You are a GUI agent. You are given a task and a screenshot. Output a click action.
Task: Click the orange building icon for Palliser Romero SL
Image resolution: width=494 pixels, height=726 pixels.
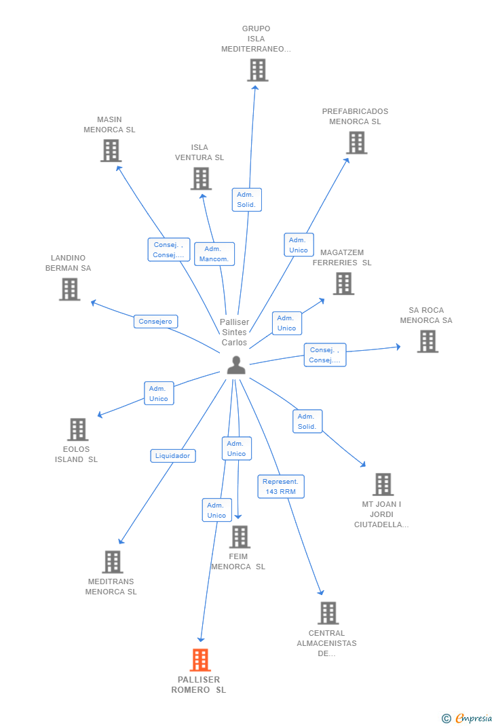200,660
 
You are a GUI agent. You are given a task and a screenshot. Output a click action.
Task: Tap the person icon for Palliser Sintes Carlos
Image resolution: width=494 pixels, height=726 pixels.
236,365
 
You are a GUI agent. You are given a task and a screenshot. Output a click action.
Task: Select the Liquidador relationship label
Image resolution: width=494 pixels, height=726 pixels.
173,456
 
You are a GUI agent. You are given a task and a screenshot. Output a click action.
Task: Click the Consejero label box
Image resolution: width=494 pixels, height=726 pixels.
156,322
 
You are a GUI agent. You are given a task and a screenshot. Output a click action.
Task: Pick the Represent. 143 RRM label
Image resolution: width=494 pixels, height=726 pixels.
281,486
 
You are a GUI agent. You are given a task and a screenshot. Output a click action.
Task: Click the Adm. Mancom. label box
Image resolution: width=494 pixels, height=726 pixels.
214,254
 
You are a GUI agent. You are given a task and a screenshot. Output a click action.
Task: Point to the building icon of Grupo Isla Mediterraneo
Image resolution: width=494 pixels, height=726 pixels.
257,70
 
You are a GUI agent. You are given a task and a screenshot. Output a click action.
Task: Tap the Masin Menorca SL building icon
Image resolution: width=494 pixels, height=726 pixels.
111,151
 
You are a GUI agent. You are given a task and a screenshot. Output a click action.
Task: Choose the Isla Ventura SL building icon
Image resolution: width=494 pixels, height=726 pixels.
201,178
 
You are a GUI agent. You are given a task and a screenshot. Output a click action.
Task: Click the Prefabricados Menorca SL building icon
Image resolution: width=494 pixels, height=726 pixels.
356,142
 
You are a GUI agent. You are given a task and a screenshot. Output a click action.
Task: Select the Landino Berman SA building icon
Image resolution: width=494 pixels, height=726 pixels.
69,289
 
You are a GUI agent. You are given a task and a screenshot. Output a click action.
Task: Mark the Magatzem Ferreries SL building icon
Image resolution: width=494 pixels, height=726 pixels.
343,284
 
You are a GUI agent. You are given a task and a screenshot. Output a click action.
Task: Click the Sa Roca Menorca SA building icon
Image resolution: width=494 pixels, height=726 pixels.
427,341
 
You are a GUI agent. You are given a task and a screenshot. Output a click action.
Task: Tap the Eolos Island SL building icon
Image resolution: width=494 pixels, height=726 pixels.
77,429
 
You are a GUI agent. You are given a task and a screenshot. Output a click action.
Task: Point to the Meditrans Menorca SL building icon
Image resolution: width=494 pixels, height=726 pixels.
113,562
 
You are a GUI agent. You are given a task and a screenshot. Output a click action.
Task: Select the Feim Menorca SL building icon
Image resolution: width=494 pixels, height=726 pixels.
240,537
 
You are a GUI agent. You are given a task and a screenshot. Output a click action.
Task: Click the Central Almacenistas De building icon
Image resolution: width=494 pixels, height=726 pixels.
328,613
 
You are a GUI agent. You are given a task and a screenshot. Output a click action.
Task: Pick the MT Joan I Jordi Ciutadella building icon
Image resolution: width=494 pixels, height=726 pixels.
383,484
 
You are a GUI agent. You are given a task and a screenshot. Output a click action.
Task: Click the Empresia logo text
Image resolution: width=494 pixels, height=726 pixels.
473,718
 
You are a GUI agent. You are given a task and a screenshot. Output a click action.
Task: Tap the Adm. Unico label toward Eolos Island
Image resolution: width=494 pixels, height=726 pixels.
159,394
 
